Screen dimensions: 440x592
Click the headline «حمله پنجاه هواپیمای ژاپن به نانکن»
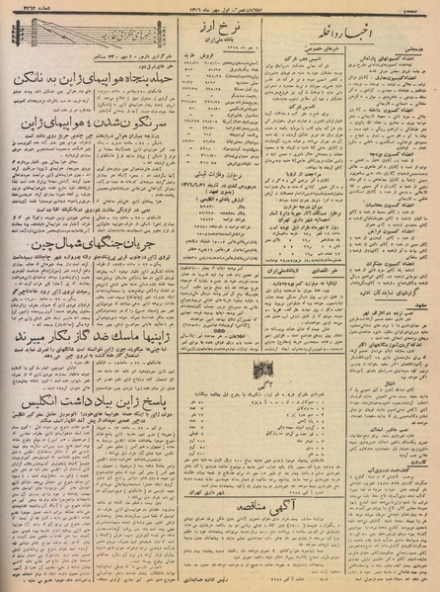coord(72,76)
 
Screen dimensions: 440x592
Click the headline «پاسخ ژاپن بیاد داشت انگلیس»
coord(72,403)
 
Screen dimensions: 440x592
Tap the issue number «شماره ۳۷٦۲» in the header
coord(19,7)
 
